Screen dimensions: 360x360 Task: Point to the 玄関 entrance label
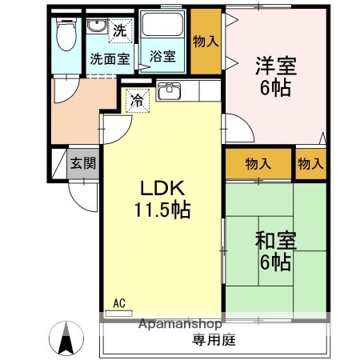(82, 163)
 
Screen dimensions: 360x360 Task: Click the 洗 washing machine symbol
(119, 32)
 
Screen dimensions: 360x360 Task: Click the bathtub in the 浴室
(164, 30)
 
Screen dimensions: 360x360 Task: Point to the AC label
(119, 302)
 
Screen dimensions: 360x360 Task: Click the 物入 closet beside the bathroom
(206, 41)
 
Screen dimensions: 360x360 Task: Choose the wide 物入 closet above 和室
(257, 163)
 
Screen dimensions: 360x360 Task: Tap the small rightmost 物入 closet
(310, 163)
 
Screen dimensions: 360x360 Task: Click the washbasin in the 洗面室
(97, 27)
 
